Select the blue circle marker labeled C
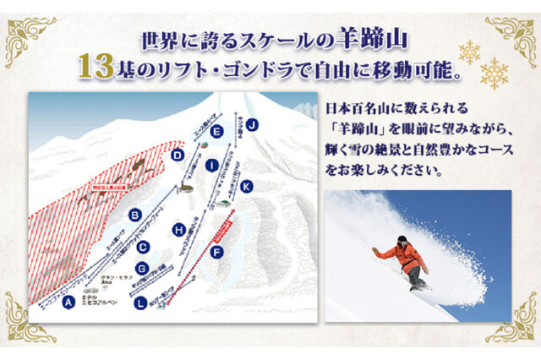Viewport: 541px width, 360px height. point(144,247)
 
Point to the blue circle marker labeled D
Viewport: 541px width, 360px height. point(178,155)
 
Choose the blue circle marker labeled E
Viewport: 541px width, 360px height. point(217,131)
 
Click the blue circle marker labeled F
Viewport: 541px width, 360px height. point(217,252)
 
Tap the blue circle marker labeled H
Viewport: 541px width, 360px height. point(178,229)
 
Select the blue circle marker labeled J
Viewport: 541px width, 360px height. point(251,124)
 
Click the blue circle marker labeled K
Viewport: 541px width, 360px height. point(246,185)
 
